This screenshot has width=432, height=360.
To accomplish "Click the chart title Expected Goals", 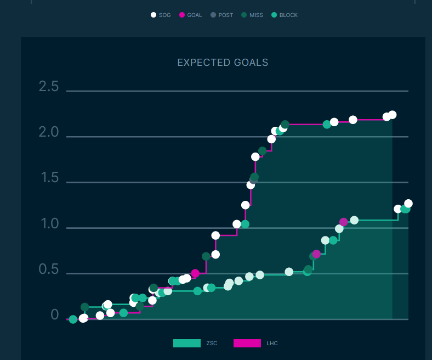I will click(223, 63).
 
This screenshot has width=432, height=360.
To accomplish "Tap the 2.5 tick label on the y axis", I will click(49, 86).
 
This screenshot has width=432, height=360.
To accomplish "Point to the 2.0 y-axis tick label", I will click(49, 132).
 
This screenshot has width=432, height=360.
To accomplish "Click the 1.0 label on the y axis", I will click(49, 224).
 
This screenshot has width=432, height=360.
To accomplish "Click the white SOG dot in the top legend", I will click(154, 15).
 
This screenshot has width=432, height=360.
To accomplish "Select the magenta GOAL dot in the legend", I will click(182, 15).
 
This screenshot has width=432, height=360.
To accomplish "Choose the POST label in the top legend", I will click(225, 15).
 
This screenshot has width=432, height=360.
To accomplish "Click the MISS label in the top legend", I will click(256, 15).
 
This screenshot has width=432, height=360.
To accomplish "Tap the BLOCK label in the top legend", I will click(288, 15).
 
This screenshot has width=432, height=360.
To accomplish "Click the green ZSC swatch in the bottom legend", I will click(187, 343).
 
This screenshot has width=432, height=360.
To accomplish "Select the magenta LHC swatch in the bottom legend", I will click(247, 343).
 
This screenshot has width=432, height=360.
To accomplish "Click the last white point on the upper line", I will click(392, 115).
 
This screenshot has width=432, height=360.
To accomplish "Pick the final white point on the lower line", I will click(408, 204).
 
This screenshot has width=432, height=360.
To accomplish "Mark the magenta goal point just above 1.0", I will click(344, 222).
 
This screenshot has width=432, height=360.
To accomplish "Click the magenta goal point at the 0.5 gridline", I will click(195, 273).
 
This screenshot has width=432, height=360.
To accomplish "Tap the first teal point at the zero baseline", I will click(73, 319).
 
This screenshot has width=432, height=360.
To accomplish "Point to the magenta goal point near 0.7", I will click(316, 254).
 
